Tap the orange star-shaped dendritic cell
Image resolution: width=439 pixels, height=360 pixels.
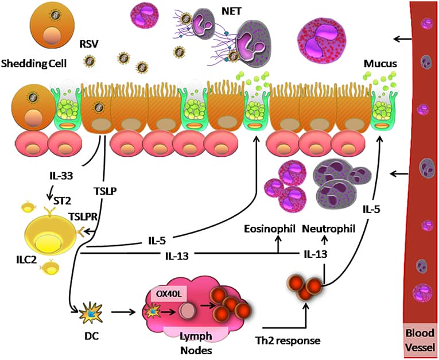click(91, 313)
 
